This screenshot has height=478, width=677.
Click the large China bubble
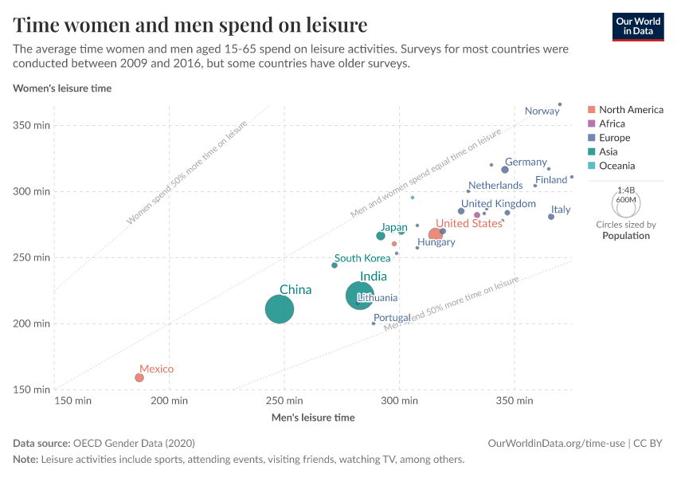280,309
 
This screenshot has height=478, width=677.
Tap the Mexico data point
139,378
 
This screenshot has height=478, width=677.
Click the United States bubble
436,234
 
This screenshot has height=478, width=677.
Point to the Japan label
393,228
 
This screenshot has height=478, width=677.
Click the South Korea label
362,258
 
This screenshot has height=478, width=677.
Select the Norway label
542,112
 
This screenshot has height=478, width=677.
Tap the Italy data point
551,217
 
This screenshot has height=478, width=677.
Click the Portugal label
392,318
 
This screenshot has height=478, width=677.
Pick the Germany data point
505,170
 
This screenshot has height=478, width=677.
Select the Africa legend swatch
591,123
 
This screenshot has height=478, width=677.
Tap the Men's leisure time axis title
313,417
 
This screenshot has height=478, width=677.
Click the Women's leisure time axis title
62,88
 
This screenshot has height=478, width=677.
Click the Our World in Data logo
637,25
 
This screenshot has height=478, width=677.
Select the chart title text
190,25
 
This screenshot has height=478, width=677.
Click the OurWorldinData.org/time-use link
556,443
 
